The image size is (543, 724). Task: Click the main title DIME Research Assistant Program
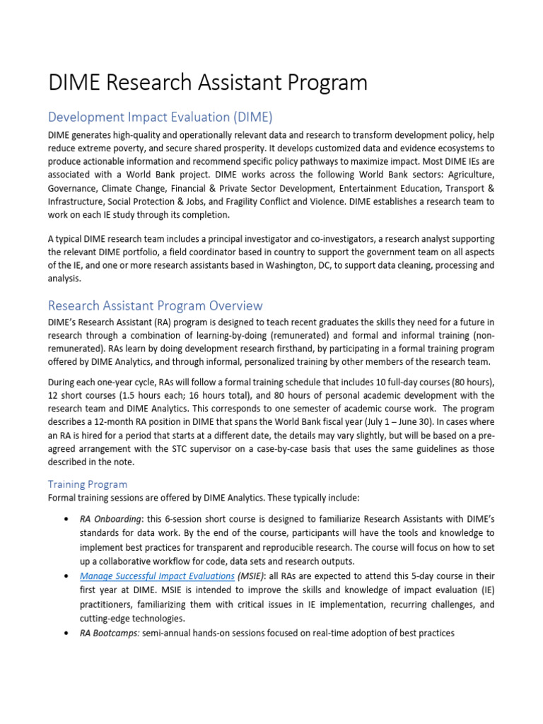pos(208,83)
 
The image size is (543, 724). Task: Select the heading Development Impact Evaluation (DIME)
pos(160,117)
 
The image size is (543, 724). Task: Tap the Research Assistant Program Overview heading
pos(155,305)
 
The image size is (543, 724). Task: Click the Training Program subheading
pos(88,484)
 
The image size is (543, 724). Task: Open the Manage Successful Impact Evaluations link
pos(157,576)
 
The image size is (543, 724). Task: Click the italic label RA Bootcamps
pos(109,633)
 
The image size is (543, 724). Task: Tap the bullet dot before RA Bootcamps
pos(66,633)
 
